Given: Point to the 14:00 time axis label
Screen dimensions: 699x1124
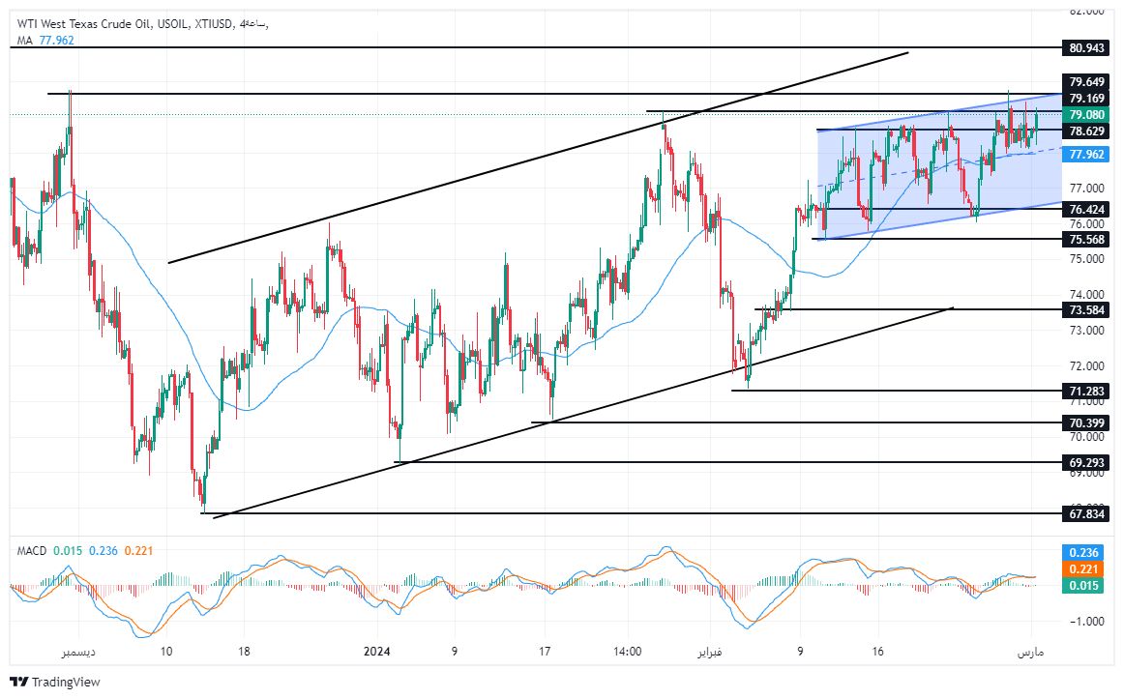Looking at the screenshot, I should pos(627,653).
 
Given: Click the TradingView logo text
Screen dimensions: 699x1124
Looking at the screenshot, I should pos(66,683).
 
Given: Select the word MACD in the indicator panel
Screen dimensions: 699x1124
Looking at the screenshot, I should pos(32,551).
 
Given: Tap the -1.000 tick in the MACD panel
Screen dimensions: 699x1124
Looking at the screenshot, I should pos(1086,621).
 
